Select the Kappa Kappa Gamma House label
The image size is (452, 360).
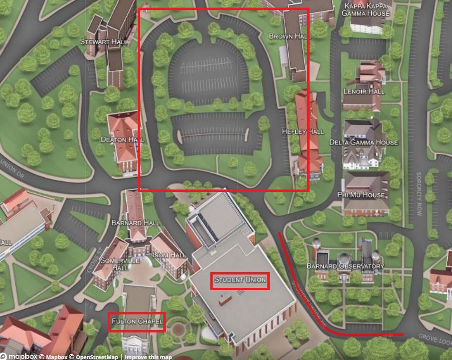pyautogui.click(x=366, y=9)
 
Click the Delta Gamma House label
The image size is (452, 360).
pyautogui.click(x=364, y=142)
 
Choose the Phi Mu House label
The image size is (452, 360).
pyautogui.click(x=361, y=195)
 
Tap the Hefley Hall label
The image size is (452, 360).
pyautogui.click(x=303, y=132)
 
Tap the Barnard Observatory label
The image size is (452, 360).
pyautogui.click(x=345, y=266)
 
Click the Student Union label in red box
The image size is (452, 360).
pyautogui.click(x=240, y=280)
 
